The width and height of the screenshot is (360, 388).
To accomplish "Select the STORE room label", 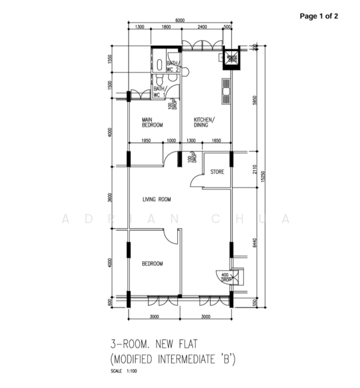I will (x=217, y=172).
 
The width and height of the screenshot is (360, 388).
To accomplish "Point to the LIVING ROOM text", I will (x=156, y=199).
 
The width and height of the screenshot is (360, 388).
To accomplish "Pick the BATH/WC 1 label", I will (x=159, y=92).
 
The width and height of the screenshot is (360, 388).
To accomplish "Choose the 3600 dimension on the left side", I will (x=111, y=198).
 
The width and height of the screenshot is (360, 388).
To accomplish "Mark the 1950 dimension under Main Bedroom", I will (x=146, y=140).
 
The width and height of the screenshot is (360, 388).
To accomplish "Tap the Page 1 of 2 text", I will (x=319, y=17).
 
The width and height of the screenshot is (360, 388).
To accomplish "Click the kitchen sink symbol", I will (x=226, y=91).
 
